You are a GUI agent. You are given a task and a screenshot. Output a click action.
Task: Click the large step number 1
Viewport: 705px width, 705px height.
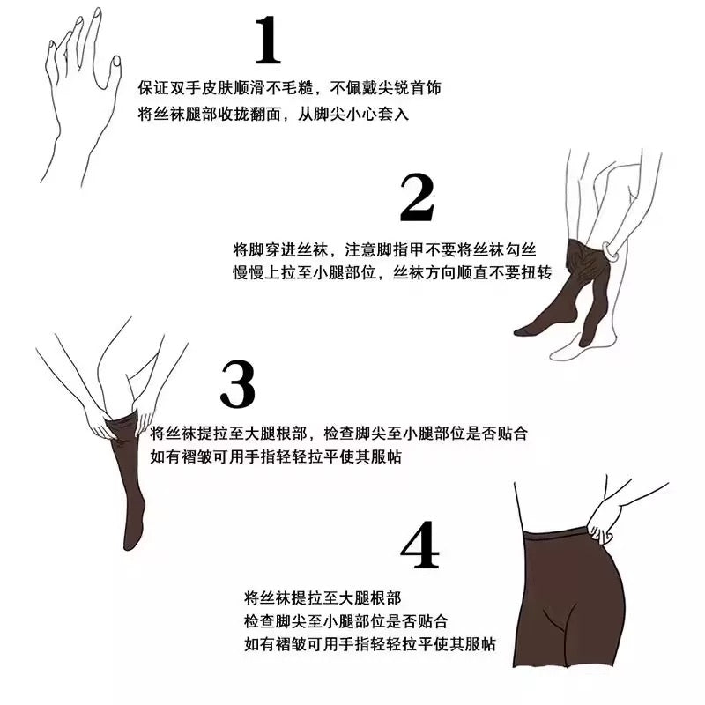pyautogui.click(x=269, y=40)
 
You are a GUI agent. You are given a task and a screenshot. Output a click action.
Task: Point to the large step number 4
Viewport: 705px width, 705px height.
pyautogui.click(x=419, y=545)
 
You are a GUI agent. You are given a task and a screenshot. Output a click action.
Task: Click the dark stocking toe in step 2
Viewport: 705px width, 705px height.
pyautogui.click(x=523, y=331)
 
